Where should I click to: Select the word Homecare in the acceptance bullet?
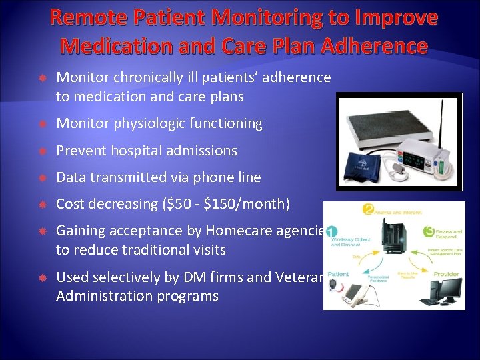pyautogui.click(x=242, y=231)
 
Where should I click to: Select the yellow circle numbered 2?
pyautogui.click(x=367, y=210)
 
